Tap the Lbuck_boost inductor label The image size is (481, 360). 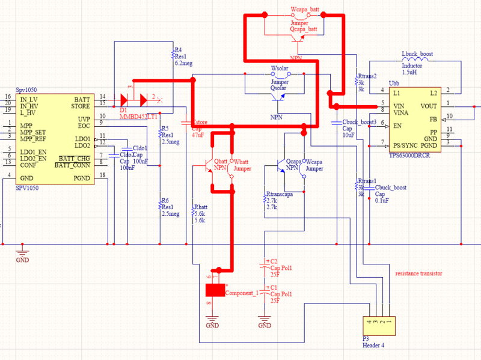417,54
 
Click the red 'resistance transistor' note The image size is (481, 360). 418,273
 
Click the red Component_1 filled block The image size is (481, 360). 215,290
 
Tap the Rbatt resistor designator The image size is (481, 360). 200,206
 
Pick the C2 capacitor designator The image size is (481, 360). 274,261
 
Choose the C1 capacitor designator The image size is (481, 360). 274,288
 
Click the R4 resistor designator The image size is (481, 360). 178,50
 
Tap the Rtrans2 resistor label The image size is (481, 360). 367,76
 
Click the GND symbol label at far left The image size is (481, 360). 22,260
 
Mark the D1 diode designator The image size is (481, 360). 123,111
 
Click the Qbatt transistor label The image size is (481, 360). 221,161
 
